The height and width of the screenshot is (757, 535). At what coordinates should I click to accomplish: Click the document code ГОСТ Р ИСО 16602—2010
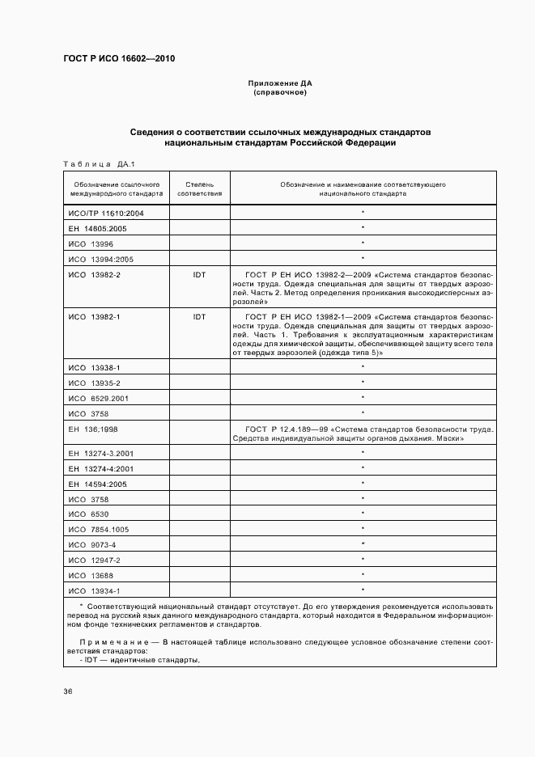pos(119,59)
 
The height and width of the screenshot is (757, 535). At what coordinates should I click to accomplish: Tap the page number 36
pos(68,691)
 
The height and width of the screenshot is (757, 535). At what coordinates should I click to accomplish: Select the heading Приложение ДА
pos(280,83)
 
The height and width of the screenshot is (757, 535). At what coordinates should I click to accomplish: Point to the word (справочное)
pos(280,92)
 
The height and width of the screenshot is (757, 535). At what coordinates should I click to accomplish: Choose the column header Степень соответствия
pos(199,189)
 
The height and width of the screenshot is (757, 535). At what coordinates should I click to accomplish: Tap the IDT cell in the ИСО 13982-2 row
pos(199,275)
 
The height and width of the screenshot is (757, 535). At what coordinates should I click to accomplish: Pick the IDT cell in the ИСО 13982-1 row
pos(199,316)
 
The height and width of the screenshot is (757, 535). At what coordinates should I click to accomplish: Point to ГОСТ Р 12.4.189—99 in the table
pos(285,428)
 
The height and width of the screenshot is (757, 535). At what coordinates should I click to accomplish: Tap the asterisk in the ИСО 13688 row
pos(363,575)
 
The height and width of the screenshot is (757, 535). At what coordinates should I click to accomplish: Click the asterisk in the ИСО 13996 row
pos(363,243)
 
